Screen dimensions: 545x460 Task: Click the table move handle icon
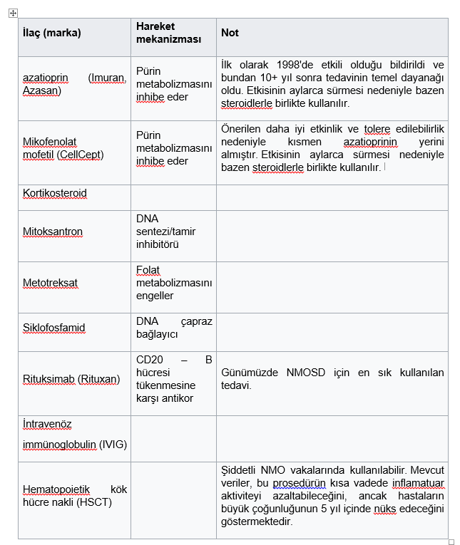14,13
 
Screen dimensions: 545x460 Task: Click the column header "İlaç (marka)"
51,33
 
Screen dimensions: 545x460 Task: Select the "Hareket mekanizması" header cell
168,33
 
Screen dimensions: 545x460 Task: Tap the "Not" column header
230,33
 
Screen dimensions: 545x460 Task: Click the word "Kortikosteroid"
55,193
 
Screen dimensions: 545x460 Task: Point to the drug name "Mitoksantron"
52,232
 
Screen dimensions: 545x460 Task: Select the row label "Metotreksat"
50,283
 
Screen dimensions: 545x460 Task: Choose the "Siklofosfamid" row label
53,328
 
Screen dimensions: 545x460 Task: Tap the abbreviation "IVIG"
113,445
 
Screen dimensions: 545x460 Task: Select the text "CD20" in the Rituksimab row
148,360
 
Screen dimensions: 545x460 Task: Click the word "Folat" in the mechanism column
148,270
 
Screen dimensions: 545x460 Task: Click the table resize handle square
451,541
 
